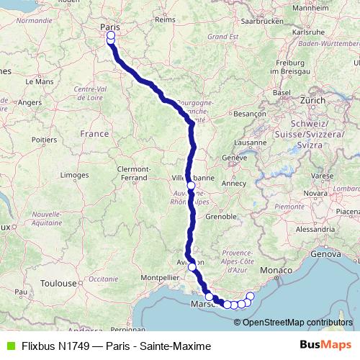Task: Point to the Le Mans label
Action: [39, 82]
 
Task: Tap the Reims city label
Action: [165, 19]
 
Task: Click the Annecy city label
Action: [233, 183]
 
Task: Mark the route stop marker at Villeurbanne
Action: [191, 185]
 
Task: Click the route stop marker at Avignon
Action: [192, 266]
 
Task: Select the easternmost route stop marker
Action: [251, 296]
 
